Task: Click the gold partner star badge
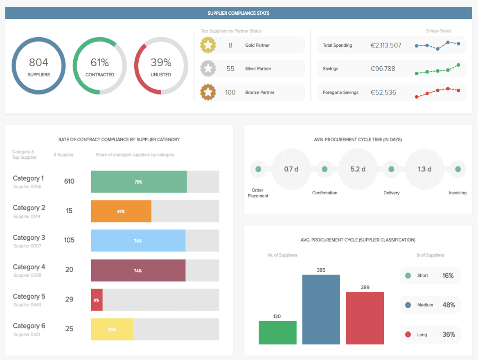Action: (x=208, y=45)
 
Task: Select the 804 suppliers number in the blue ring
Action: (x=38, y=63)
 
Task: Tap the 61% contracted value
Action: (x=99, y=63)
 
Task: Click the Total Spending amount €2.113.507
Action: (x=386, y=45)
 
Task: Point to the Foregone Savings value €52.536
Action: (x=383, y=92)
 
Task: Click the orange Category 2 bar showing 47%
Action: (x=121, y=211)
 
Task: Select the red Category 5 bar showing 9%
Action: (x=97, y=300)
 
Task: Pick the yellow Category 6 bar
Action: (x=112, y=329)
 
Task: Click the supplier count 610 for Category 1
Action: (x=69, y=181)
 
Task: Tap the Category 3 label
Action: (x=29, y=238)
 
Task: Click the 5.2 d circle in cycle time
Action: (x=358, y=169)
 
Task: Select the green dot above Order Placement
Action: (x=258, y=169)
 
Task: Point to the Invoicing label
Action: (x=458, y=193)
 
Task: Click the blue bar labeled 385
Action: (x=321, y=310)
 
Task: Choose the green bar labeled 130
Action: (x=277, y=333)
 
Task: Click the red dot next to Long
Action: (x=408, y=335)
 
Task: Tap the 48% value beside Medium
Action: (x=449, y=305)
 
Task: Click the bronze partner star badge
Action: (x=208, y=92)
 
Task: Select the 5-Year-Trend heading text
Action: (x=438, y=31)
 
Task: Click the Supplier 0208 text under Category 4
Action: (x=27, y=275)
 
